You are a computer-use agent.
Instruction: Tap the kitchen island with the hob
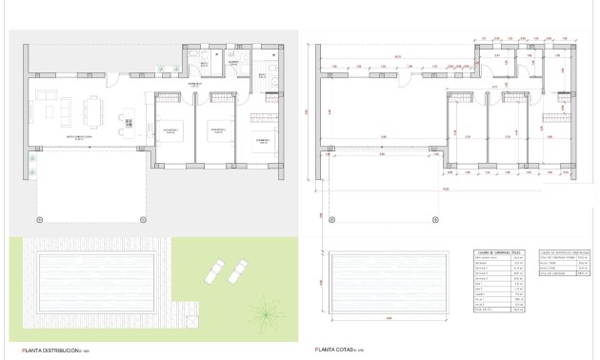(127, 121)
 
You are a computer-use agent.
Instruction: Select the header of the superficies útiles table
(489, 253)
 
